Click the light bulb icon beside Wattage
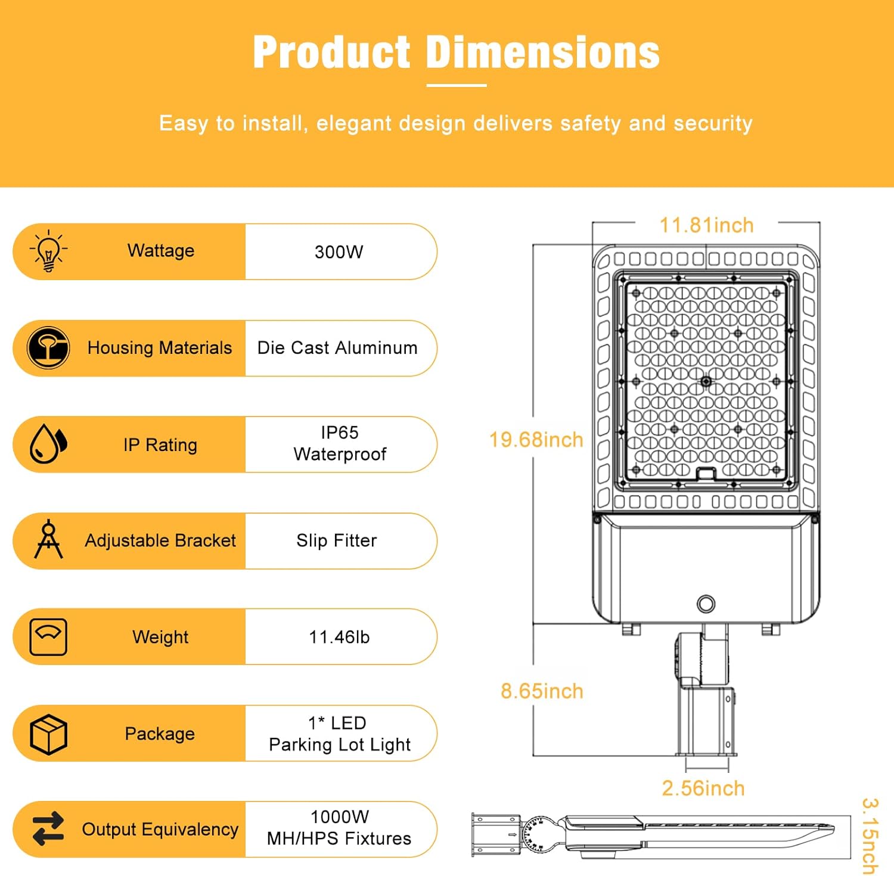48,251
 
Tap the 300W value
339,252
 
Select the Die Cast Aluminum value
337,348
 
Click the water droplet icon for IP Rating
48,444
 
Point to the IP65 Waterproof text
340,443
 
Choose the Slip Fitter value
337,540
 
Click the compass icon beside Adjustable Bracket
48,539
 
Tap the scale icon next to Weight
48,637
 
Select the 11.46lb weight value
339,637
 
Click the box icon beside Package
48,734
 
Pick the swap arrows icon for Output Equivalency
48,829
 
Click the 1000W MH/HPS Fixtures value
339,828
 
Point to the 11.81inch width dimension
706,225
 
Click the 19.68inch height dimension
536,440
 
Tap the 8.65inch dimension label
542,691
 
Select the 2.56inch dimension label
703,788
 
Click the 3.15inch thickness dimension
871,836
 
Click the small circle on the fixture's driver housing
706,604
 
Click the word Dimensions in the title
543,52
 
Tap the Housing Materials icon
48,348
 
